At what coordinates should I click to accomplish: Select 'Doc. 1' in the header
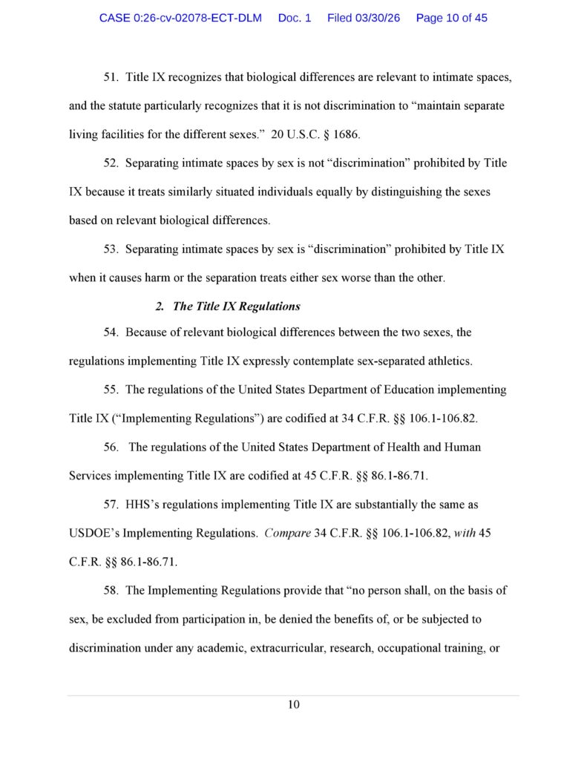click(x=295, y=18)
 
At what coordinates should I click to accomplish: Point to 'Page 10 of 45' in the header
click(x=451, y=18)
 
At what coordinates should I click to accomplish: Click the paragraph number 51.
click(x=111, y=77)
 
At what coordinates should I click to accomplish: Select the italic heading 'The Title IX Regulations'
click(x=236, y=307)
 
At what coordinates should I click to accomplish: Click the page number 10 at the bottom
click(x=294, y=704)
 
